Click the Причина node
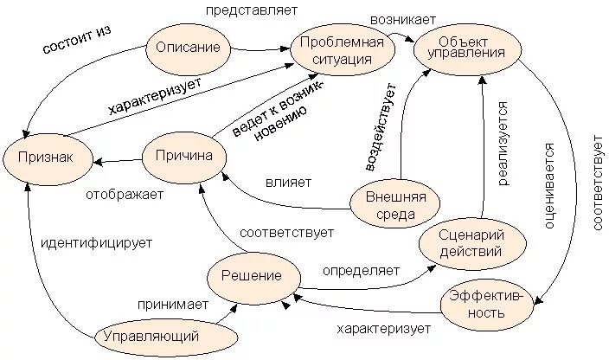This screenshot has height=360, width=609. pyautogui.click(x=183, y=156)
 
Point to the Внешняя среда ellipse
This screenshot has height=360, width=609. pyautogui.click(x=394, y=206)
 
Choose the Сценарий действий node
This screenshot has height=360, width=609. pyautogui.click(x=472, y=245)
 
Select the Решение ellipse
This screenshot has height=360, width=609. pyautogui.click(x=252, y=275)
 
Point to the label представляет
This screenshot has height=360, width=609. pyautogui.click(x=251, y=11)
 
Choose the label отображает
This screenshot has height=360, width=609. pyautogui.click(x=124, y=195)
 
